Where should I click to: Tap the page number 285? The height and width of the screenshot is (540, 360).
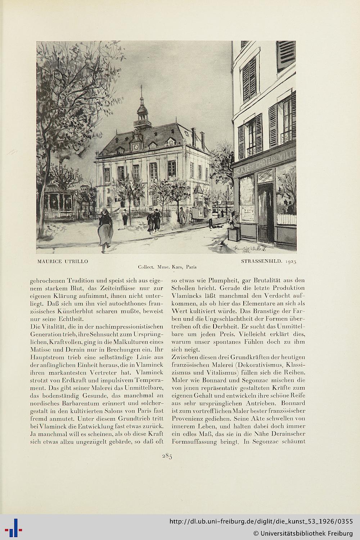(x=167, y=456)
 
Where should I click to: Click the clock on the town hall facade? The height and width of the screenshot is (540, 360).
(x=136, y=147)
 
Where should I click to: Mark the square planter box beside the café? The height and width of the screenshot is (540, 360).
(x=233, y=234)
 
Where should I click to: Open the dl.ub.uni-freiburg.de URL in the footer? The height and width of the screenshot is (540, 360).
(x=261, y=522)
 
